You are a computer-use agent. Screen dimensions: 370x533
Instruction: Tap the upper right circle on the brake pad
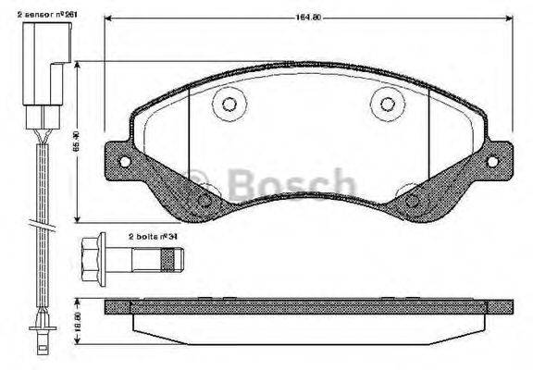[384, 103]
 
